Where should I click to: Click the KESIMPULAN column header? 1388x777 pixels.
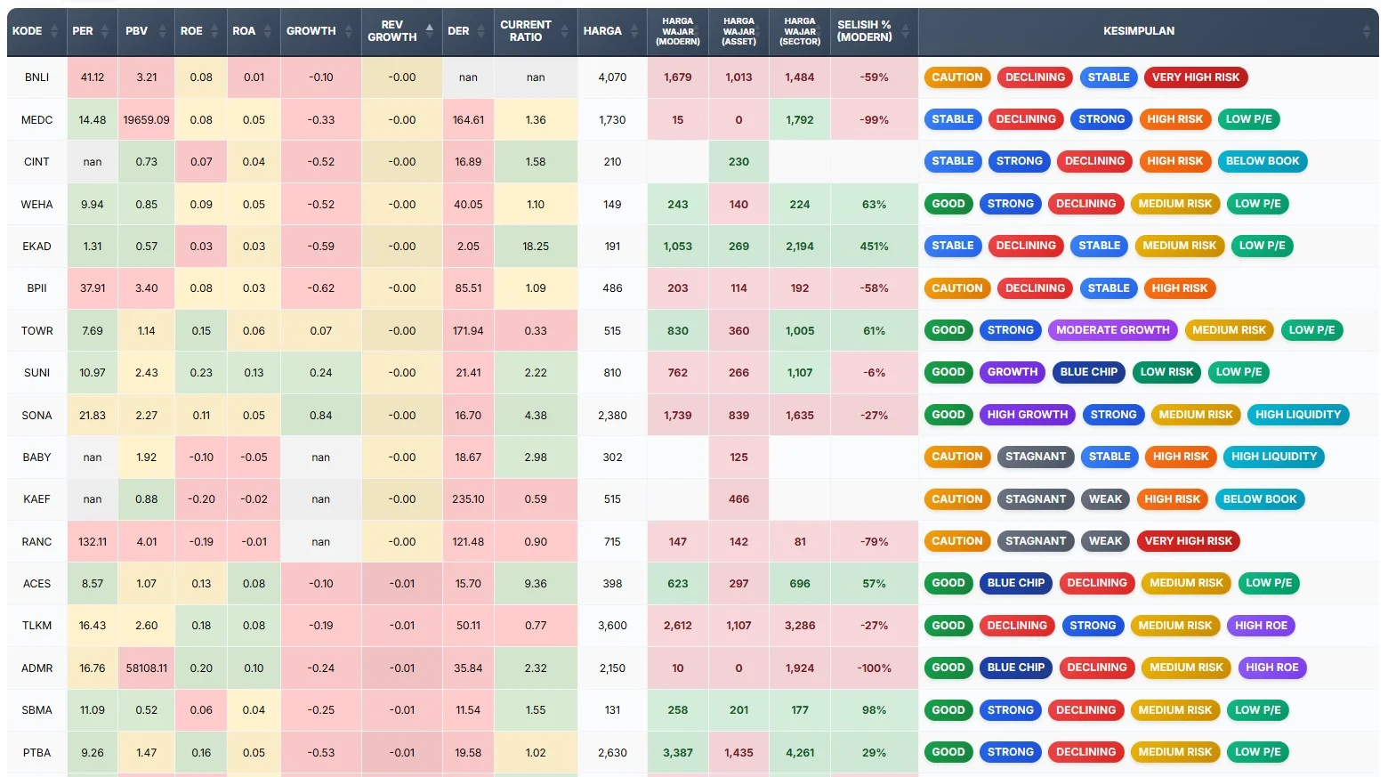coord(1138,31)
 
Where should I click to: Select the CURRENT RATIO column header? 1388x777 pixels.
coord(526,31)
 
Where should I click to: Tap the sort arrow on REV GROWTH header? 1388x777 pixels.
coord(430,30)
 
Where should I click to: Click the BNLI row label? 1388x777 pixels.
coord(36,77)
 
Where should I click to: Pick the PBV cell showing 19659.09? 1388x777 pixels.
coord(146,120)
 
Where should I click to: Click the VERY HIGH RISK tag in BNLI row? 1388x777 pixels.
coord(1195,77)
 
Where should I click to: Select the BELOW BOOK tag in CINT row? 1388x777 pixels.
coord(1262,161)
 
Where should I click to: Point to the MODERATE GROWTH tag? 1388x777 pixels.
coord(1112,330)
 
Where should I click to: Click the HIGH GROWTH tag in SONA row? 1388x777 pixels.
coord(1027,415)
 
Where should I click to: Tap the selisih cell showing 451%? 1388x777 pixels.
coord(874,247)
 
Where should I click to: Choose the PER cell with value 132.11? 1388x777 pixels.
coord(93,542)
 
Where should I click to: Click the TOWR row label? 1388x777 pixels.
coord(36,331)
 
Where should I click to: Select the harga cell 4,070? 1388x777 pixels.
coord(612,77)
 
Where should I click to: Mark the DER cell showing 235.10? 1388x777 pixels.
coord(468,499)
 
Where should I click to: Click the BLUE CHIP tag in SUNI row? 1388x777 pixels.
coord(1088,372)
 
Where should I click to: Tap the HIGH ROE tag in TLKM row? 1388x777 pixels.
coord(1261,626)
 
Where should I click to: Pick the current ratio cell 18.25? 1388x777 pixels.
coord(536,247)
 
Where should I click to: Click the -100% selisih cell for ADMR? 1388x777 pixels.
coord(874,668)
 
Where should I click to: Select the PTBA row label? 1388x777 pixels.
coord(36,753)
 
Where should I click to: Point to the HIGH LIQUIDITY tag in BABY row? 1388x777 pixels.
coord(1273,457)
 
